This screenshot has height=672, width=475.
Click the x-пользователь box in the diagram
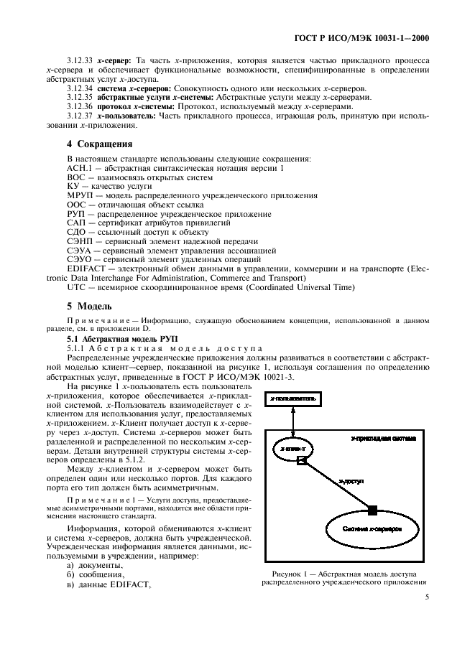point(292,397)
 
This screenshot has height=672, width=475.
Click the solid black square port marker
point(372,510)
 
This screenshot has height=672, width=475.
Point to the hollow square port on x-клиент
point(303,460)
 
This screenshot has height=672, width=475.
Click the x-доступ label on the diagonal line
point(350,483)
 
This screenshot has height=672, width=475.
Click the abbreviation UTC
point(76,287)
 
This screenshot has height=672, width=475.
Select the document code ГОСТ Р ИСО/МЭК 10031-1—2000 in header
point(373,38)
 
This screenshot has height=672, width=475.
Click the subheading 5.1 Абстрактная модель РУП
point(116,337)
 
